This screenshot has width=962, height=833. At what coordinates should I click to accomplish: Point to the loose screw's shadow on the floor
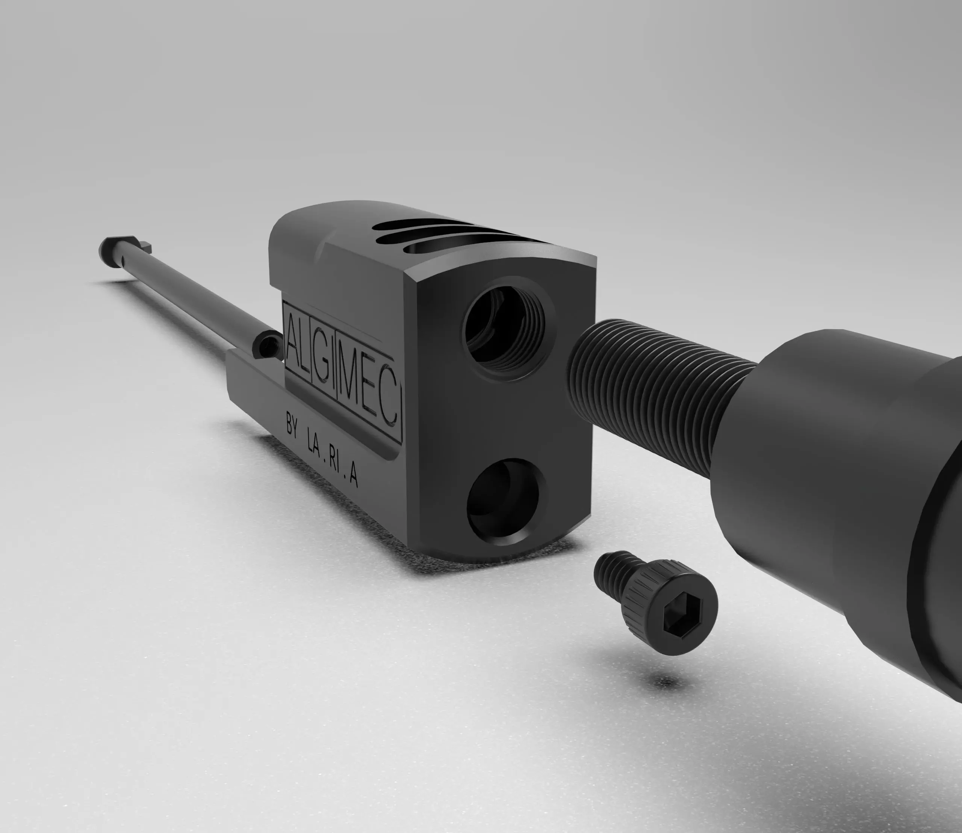[x=665, y=682]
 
